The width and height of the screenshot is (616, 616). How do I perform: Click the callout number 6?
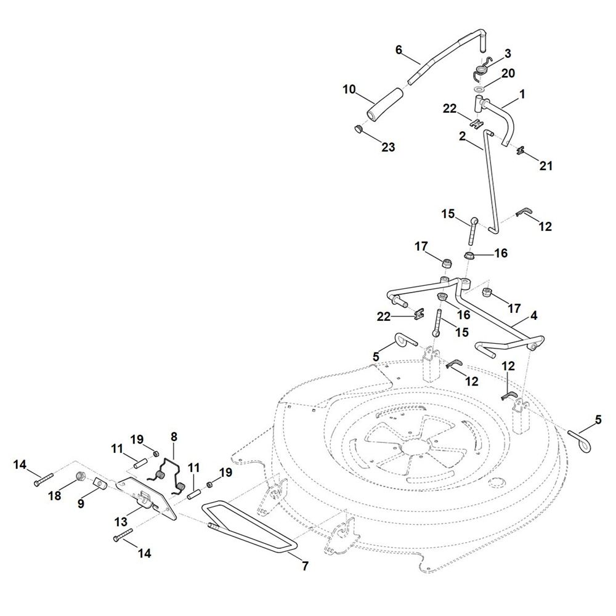[399, 49]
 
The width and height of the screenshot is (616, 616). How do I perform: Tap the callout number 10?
[349, 90]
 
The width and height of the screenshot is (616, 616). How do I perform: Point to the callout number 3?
[508, 54]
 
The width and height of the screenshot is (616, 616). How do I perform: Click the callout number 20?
[508, 73]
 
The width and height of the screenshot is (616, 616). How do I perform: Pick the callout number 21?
[546, 166]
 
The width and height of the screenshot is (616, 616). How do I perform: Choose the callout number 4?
[533, 315]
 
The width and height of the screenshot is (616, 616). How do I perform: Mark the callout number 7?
[304, 565]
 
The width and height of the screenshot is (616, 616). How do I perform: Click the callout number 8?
[174, 436]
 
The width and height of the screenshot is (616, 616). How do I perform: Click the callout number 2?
[462, 136]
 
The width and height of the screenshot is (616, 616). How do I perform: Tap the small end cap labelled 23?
[358, 129]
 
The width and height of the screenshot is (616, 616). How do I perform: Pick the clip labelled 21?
[519, 150]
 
